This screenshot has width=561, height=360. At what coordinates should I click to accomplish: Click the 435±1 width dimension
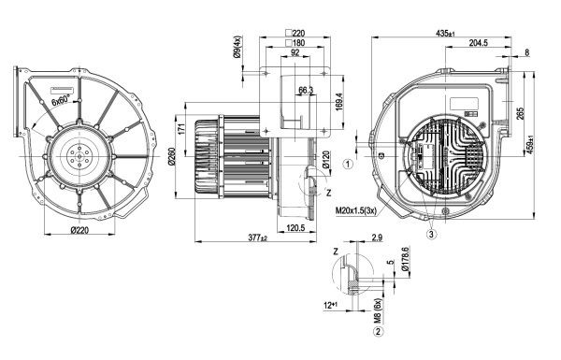(445, 34)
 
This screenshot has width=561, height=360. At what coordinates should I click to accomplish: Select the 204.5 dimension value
(479, 43)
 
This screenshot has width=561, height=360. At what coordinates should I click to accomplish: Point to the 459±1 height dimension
(530, 146)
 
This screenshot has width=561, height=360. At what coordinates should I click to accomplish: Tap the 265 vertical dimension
(521, 113)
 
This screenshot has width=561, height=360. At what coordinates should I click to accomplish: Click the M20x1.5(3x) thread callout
(356, 210)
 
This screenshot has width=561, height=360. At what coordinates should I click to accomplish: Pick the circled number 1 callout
(348, 165)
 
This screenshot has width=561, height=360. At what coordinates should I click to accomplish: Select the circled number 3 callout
(431, 235)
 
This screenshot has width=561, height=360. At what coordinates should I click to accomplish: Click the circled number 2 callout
(378, 332)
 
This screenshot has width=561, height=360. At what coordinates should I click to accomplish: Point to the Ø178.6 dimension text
(405, 258)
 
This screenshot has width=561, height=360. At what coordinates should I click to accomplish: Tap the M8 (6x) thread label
(378, 311)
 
